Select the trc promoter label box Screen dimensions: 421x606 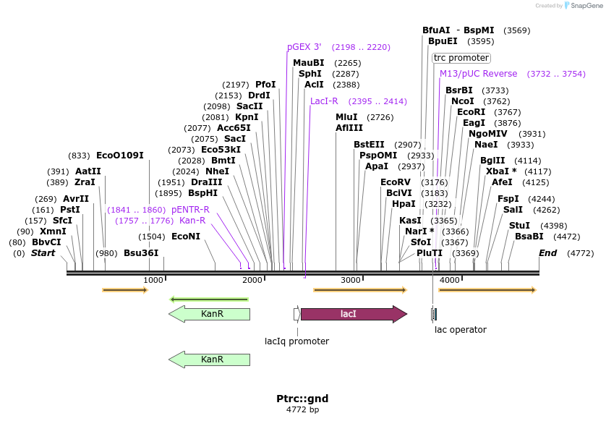(461, 58)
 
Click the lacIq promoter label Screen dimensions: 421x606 (296, 341)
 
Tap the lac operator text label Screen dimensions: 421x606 (460, 330)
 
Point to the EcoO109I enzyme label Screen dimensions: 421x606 (120, 156)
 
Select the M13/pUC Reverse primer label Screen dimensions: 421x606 (479, 74)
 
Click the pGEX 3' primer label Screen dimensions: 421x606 (304, 47)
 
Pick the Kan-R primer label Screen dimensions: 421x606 (192, 221)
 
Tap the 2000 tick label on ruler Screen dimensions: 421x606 (252, 280)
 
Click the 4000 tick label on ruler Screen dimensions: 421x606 (449, 280)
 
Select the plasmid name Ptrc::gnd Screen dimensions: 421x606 (302, 399)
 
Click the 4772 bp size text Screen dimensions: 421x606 (302, 409)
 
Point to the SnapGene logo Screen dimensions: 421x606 (583, 6)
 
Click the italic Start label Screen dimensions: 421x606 (43, 253)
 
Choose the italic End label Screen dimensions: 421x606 (548, 253)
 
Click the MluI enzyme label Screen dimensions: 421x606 (346, 117)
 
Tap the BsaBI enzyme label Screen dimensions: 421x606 (529, 237)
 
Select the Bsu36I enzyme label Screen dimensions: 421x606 (141, 253)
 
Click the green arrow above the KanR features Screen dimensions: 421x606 (209, 299)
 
